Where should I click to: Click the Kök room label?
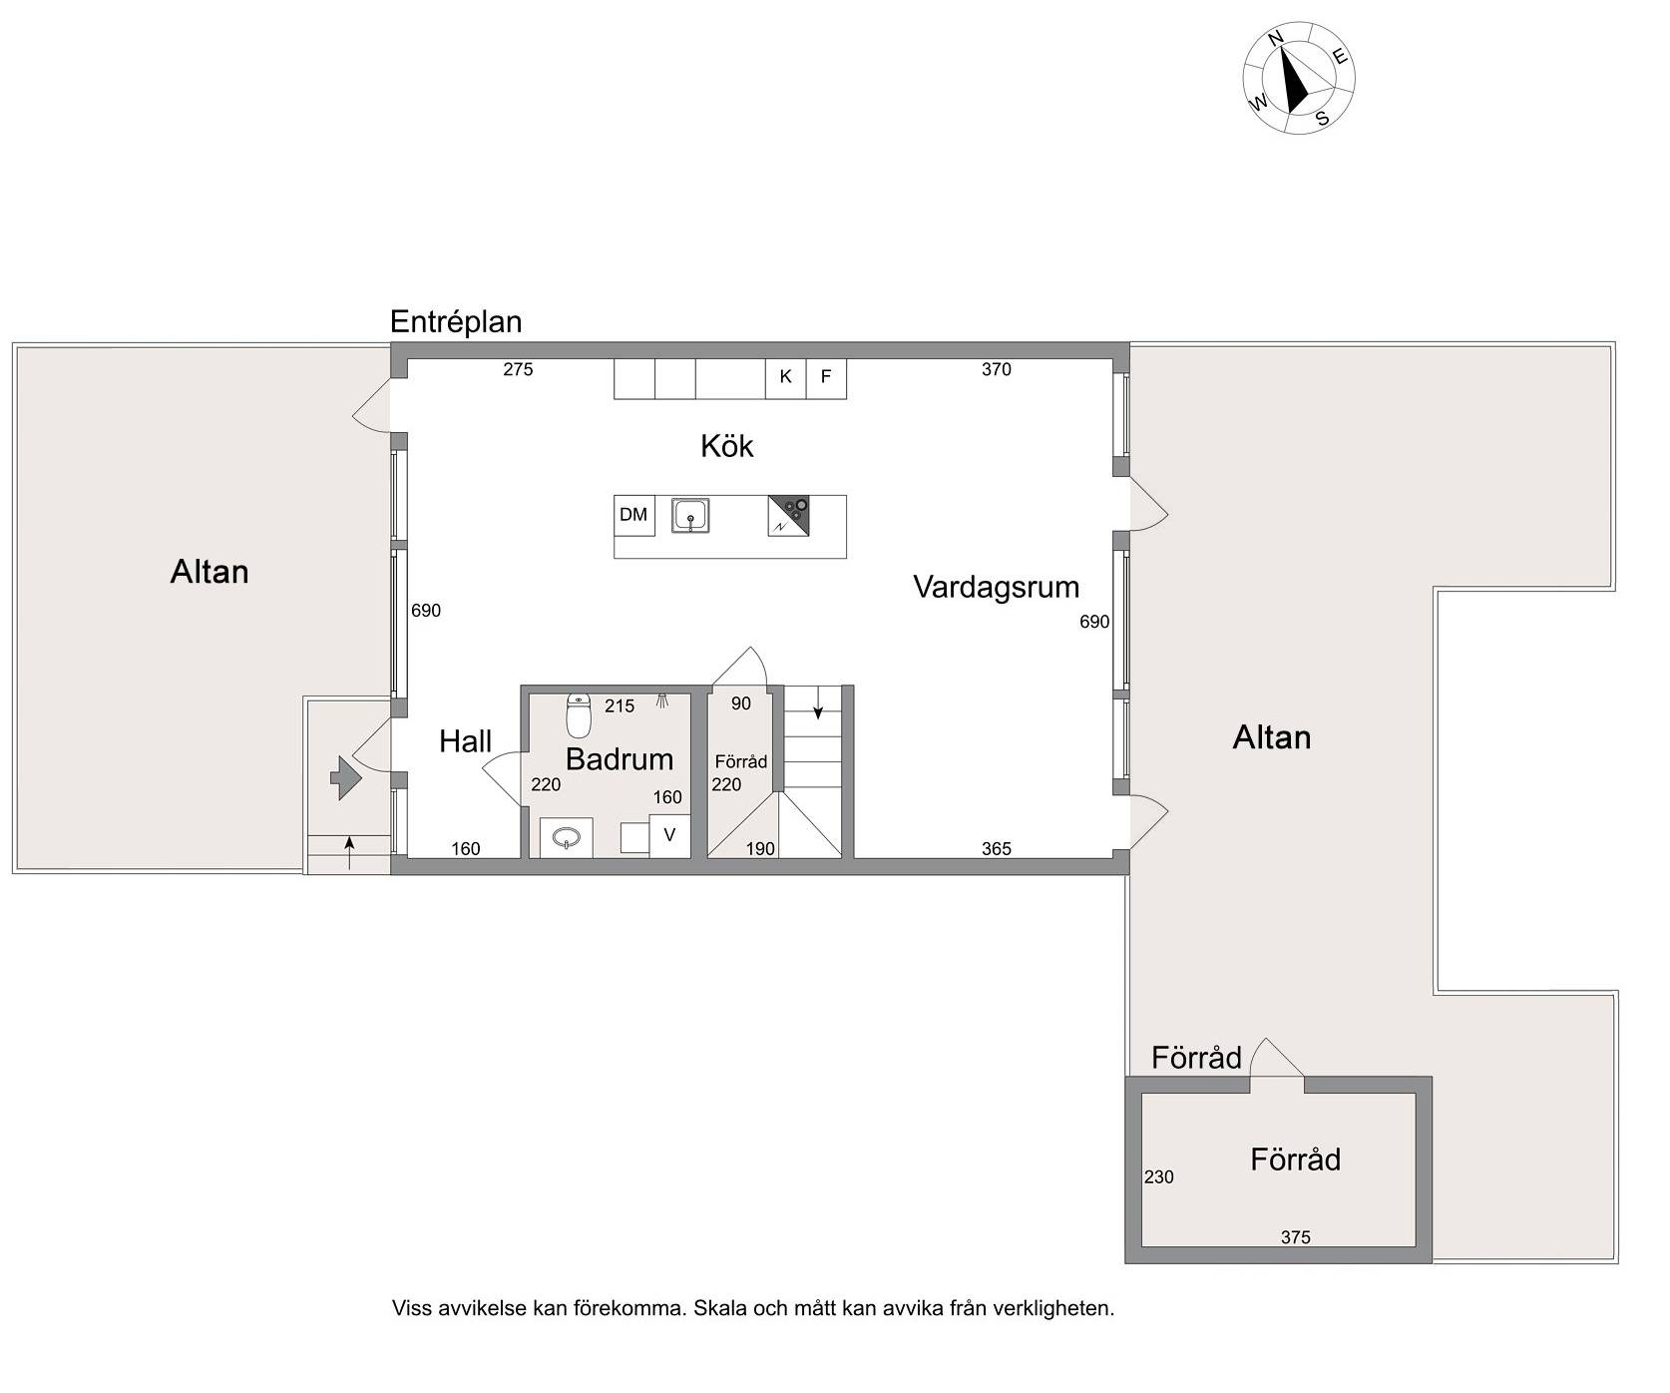pyautogui.click(x=726, y=445)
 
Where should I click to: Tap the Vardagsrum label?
pyautogui.click(x=996, y=587)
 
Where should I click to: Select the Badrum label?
pyautogui.click(x=619, y=759)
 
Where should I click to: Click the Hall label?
pyautogui.click(x=465, y=741)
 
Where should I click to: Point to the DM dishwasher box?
pyautogui.click(x=633, y=515)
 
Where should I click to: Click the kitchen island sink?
pyautogui.click(x=689, y=516)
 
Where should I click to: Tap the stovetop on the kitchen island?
pyautogui.click(x=788, y=516)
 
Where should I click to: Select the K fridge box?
pyautogui.click(x=786, y=377)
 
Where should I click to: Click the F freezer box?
pyautogui.click(x=826, y=377)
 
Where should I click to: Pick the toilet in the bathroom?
pyautogui.click(x=579, y=714)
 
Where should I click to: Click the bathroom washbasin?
pyautogui.click(x=567, y=838)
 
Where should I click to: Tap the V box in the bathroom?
pyautogui.click(x=669, y=835)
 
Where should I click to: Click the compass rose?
pyautogui.click(x=1298, y=77)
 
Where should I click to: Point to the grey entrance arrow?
pyautogui.click(x=345, y=777)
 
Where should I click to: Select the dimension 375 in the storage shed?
pyautogui.click(x=1295, y=1237)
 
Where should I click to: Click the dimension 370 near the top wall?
pyautogui.click(x=996, y=369)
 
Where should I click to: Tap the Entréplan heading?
pyautogui.click(x=456, y=322)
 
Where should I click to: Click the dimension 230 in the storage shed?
pyautogui.click(x=1158, y=1177)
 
